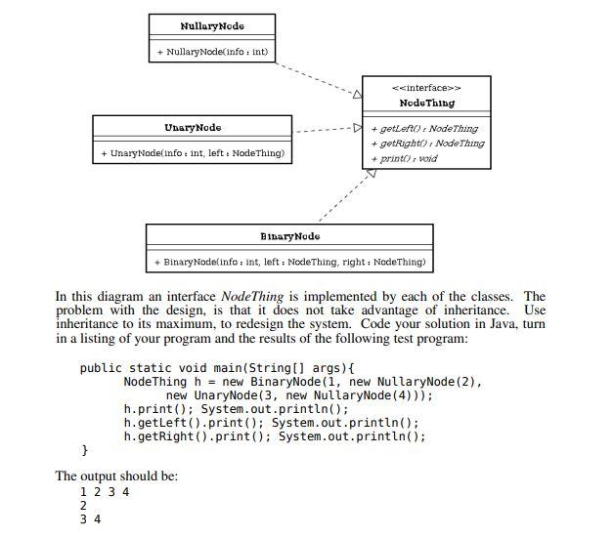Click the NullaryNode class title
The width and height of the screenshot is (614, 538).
coord(212,25)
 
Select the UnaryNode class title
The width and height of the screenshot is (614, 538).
coord(192,128)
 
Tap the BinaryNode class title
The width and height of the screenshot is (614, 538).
coord(289,236)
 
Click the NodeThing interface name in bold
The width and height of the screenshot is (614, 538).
coord(426,103)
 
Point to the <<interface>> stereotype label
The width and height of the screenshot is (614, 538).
coord(426,86)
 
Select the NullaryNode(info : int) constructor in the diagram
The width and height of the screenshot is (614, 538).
coord(212,51)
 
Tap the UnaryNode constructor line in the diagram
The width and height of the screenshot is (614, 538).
coord(192,153)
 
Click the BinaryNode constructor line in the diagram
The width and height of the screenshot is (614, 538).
coord(289,262)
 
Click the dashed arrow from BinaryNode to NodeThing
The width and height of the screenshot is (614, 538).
coord(345,196)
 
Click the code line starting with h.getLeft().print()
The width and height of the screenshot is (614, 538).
coord(271,423)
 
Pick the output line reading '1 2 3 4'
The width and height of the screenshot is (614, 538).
coord(105,491)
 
